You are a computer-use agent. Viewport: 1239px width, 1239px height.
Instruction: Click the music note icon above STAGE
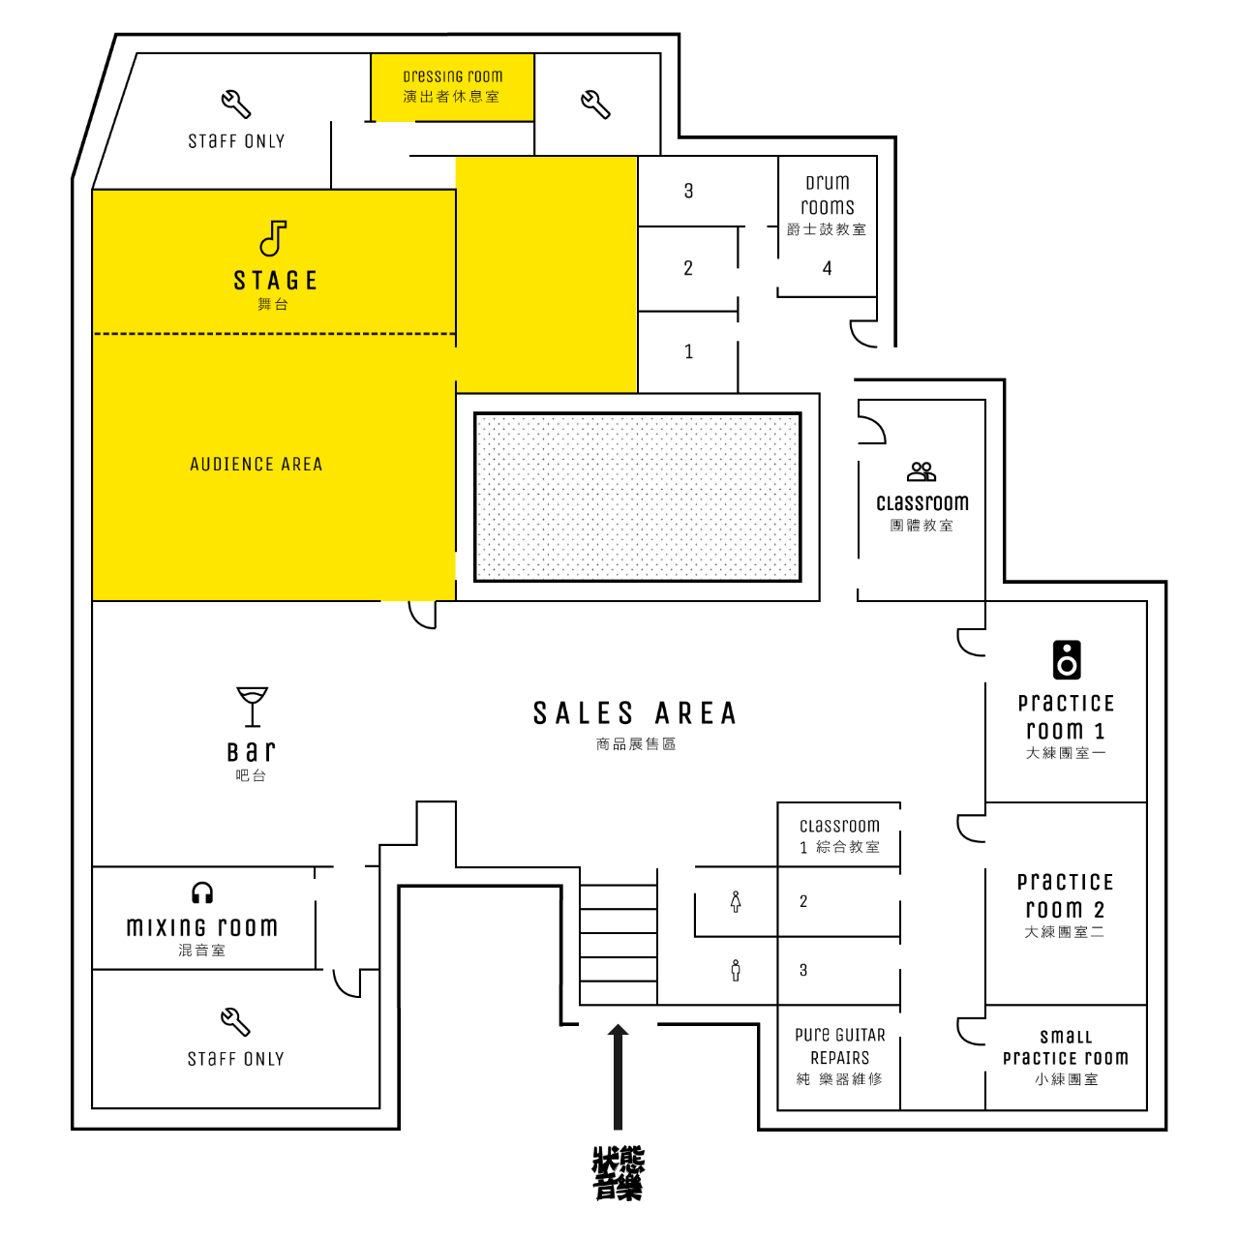click(x=273, y=238)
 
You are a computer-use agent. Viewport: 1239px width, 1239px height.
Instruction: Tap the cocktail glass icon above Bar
click(x=252, y=707)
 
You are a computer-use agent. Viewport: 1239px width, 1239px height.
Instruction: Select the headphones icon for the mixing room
click(x=202, y=892)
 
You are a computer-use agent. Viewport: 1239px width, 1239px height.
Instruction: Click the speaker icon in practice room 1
click(x=1067, y=660)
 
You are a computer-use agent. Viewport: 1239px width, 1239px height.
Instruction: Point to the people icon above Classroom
click(x=922, y=472)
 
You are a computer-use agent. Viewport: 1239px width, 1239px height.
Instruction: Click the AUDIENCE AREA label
click(x=256, y=465)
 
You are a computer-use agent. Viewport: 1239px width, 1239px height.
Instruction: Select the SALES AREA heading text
click(x=635, y=713)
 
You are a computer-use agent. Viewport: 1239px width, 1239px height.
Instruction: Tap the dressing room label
click(x=453, y=76)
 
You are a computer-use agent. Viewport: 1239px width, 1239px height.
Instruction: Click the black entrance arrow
click(x=618, y=1076)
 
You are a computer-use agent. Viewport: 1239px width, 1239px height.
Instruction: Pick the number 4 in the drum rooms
click(x=828, y=268)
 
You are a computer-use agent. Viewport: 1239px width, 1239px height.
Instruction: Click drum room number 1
click(x=688, y=351)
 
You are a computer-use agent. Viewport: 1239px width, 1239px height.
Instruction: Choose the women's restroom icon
click(x=736, y=901)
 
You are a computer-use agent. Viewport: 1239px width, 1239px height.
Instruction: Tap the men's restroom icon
click(x=736, y=970)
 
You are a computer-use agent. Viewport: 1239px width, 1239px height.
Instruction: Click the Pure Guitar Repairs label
click(x=840, y=1046)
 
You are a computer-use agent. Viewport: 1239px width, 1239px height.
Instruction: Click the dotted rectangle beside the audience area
click(x=638, y=497)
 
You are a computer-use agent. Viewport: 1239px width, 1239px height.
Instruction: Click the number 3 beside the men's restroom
click(x=803, y=970)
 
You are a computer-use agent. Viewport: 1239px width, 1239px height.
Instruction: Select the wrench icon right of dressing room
click(x=595, y=105)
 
